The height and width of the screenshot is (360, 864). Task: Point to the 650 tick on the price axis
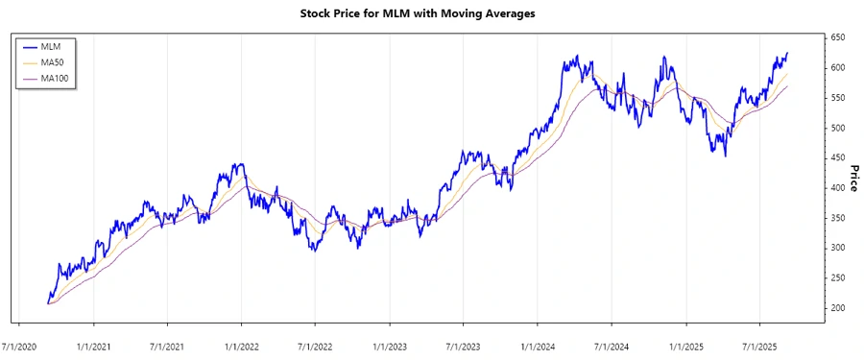point(837,37)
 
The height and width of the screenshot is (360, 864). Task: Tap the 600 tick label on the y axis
point(837,67)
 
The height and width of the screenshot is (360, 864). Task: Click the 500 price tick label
point(837,128)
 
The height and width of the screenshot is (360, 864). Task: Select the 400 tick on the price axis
point(837,188)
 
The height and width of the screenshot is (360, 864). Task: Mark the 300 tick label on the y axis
point(837,248)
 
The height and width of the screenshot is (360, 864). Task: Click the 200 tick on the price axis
point(837,308)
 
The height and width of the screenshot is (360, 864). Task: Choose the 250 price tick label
point(837,278)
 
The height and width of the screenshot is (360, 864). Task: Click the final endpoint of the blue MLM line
point(788,53)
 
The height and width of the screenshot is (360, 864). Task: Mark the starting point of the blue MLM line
point(47,303)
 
